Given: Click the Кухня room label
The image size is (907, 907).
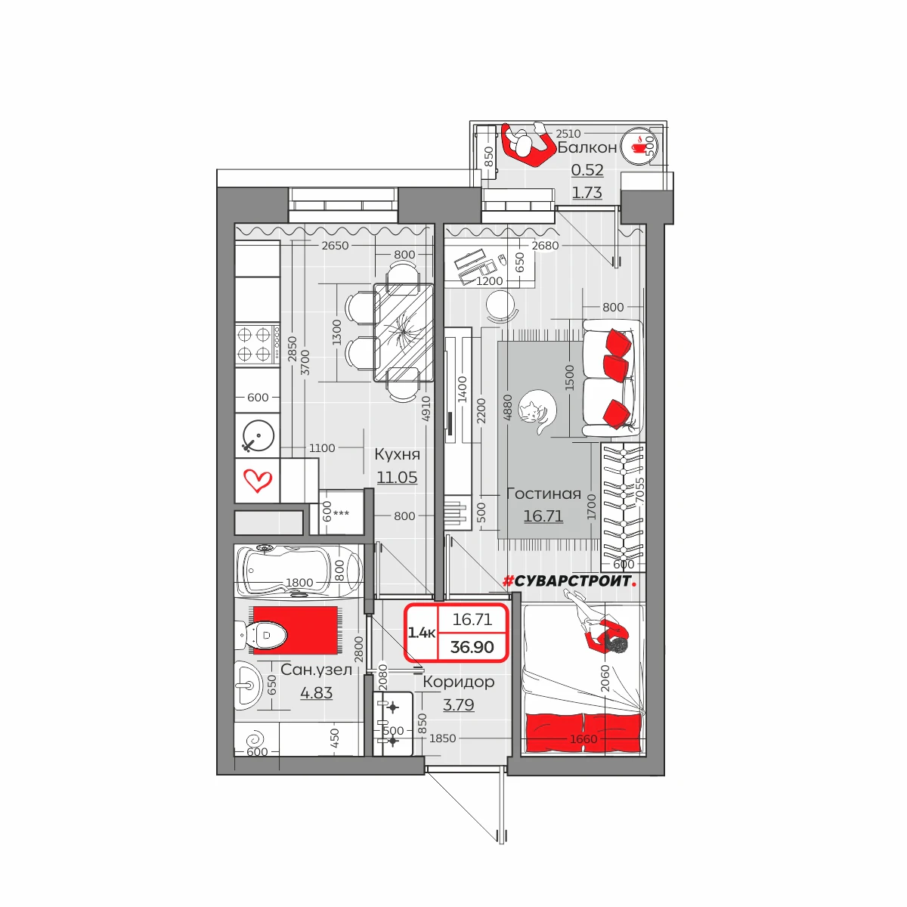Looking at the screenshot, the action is pos(397,454).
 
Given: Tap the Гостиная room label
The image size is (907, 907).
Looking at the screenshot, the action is pos(543,494).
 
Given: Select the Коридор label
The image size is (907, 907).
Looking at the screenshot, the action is pos(459,682).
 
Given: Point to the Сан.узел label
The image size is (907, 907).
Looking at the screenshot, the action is pos(316,670).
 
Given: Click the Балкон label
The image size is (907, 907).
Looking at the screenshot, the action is pos(587,147).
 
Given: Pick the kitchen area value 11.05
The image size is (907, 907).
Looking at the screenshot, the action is pos(397,477).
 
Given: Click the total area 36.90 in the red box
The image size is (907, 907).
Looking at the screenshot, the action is pos(472,647).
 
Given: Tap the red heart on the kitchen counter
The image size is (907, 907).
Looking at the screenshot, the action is pos(258,480).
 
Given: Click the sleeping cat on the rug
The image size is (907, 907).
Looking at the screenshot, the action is pos(537,412).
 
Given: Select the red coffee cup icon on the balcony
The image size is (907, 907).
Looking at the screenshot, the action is pos(638,147).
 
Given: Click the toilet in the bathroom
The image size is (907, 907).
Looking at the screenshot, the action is pos(262,635).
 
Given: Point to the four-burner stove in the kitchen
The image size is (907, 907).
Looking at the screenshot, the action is pos(258,344).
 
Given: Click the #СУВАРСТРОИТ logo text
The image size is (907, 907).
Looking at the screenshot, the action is pos(570,581).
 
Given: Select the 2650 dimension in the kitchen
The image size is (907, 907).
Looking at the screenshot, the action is pos(335,245).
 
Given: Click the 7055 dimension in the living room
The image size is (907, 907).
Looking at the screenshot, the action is pos(639,491).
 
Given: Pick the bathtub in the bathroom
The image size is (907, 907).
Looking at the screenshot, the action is pos(299,571).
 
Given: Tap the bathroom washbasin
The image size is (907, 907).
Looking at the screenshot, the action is pos(248,686).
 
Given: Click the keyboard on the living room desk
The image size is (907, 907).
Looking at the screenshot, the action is pos(469,258).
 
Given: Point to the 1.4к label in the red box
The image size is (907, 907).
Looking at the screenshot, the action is pos(421,633).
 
